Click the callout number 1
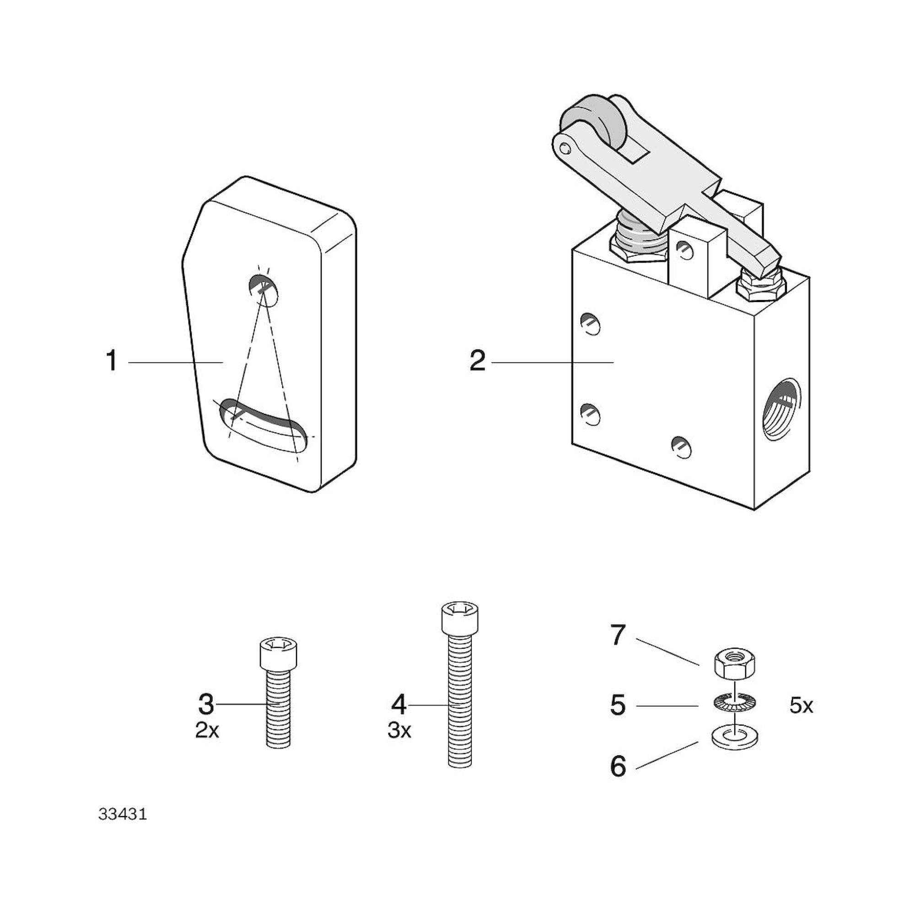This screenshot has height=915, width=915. click(x=112, y=361)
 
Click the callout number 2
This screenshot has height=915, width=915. click(x=477, y=361)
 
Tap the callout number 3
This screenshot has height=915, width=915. click(x=206, y=704)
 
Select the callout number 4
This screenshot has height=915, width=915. click(x=399, y=704)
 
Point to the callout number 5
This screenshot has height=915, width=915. click(x=618, y=705)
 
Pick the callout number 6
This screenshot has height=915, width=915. click(x=618, y=766)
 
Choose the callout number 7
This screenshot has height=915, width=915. click(x=618, y=635)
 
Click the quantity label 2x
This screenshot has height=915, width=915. click(x=207, y=731)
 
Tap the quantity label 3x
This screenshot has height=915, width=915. click(x=400, y=731)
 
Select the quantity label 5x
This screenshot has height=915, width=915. click(x=802, y=705)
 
